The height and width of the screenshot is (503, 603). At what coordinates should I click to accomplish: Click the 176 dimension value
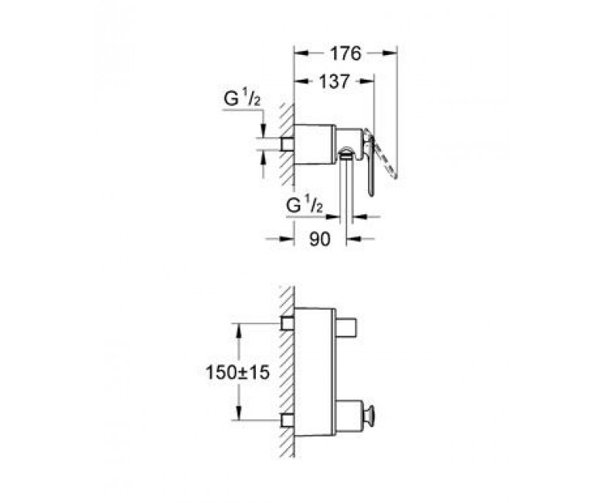[346, 53]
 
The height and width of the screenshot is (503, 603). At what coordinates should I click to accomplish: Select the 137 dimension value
[335, 81]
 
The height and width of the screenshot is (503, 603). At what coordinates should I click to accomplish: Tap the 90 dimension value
[319, 239]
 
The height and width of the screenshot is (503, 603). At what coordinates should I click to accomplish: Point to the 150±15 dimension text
[237, 372]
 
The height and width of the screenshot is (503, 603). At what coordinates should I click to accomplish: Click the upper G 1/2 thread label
[242, 98]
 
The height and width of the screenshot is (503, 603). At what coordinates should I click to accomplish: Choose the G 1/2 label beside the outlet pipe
[305, 206]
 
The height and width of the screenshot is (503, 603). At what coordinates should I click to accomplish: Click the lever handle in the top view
[370, 163]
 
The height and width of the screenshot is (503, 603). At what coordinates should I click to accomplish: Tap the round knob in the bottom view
[373, 416]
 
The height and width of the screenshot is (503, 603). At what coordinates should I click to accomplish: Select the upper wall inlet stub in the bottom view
[288, 323]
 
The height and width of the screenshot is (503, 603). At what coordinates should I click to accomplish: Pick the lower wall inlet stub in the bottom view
[288, 421]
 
